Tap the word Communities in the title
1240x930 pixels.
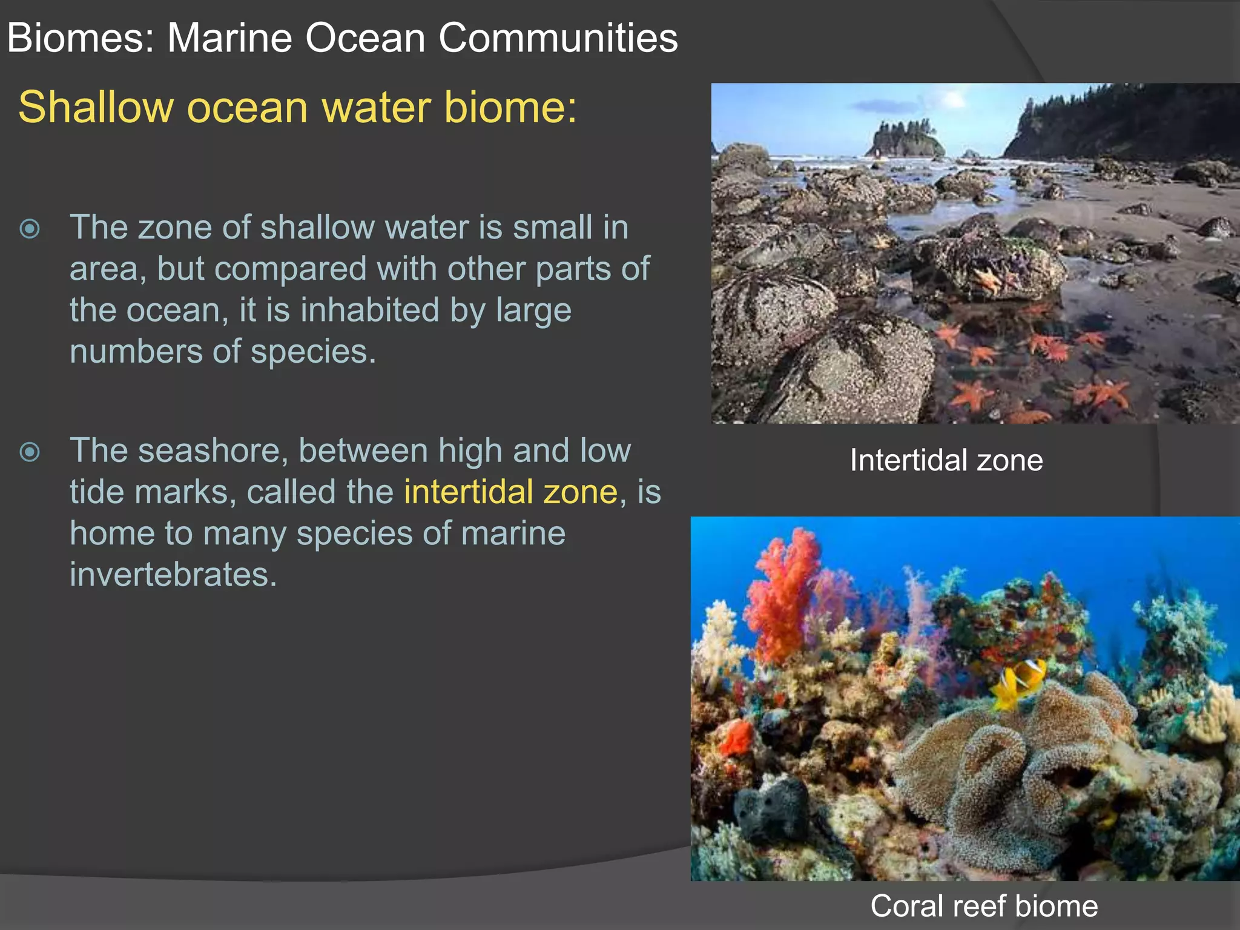558,38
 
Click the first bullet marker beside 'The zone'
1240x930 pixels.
30,229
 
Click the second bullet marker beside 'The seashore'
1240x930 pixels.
30,452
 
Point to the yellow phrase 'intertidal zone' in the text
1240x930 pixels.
510,491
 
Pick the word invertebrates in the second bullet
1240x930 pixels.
173,574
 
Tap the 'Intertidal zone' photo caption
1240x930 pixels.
946,460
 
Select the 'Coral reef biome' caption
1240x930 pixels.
984,906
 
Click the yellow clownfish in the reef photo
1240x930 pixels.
1020,681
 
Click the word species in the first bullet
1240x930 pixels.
313,351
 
